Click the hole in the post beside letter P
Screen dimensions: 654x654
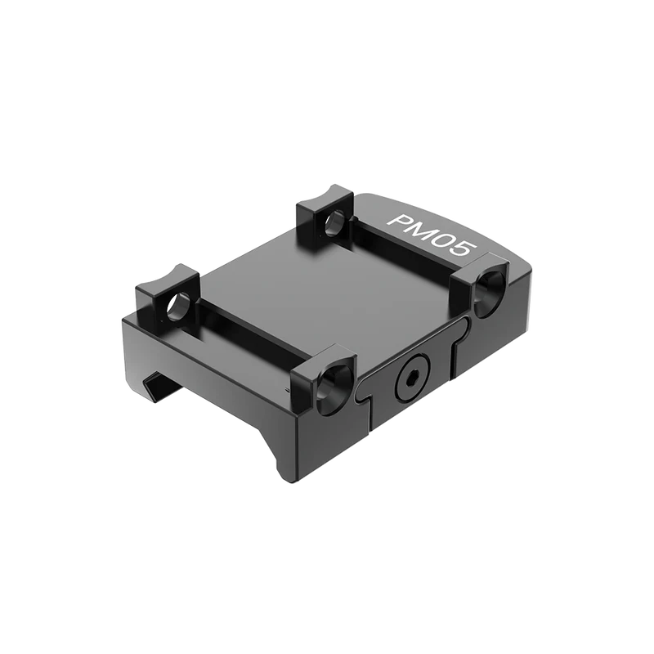[333, 222]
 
